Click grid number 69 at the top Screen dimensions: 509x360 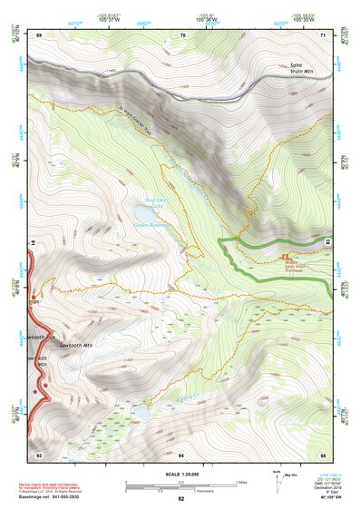point(39,34)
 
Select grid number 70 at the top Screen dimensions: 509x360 point(182,34)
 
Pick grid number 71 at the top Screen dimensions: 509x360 point(324,34)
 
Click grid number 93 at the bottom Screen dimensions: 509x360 point(39,454)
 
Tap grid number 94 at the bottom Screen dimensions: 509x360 point(181,454)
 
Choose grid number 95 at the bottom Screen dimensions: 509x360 point(324,454)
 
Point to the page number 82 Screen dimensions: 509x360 point(181,499)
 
